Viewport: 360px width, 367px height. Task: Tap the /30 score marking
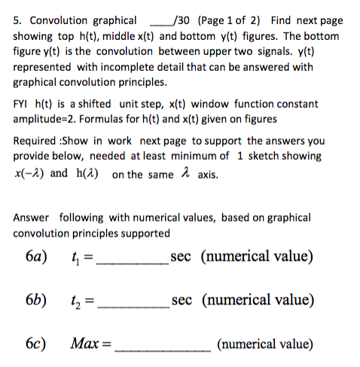182,20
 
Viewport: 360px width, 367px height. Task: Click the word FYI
23,104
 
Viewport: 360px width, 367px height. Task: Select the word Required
36,141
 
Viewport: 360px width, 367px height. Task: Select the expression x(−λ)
29,173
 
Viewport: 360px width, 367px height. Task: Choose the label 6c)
35,344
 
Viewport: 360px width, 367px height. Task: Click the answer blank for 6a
133,261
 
